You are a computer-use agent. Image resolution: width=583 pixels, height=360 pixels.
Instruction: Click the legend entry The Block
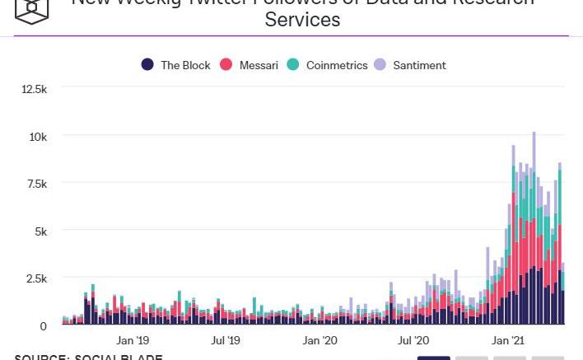coord(185,65)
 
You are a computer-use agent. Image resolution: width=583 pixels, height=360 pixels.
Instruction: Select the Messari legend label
coord(259,65)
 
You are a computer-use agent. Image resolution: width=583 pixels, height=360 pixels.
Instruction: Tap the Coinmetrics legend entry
coord(337,65)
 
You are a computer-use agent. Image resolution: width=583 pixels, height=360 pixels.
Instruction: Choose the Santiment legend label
coord(419,65)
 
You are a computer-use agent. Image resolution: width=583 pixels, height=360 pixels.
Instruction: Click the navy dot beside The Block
coord(148,65)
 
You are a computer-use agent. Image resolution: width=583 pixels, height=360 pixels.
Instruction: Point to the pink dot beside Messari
coord(227,65)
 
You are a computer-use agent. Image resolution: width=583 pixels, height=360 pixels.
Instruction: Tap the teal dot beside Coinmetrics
coord(294,65)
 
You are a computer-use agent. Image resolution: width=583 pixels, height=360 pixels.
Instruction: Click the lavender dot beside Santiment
coord(380,65)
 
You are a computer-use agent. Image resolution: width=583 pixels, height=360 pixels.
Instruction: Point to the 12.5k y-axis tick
coord(34,89)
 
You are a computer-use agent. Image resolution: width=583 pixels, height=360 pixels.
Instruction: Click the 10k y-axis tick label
coord(38,136)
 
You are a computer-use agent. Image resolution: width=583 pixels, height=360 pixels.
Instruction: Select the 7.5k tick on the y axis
coord(36,184)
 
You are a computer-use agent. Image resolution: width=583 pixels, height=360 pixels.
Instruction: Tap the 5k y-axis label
coord(40,231)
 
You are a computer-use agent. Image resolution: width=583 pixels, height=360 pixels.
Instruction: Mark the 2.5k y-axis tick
coord(36,278)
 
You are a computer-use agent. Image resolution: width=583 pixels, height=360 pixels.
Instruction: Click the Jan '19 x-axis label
coord(133,340)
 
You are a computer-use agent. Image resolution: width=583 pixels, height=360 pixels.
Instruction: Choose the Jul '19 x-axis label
coord(226,340)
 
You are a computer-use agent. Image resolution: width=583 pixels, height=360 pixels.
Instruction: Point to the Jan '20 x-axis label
coord(319,340)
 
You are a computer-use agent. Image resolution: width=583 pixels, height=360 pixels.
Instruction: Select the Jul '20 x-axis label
coord(413,340)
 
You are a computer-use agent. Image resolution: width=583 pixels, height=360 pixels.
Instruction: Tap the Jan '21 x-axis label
coord(508,340)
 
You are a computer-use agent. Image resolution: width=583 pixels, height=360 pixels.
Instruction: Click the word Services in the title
coord(302,20)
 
